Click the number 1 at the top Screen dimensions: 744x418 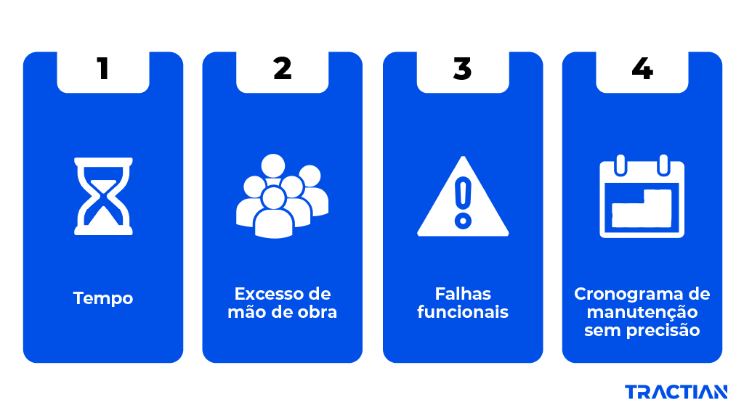tap(102, 69)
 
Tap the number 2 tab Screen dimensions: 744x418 tap(282, 69)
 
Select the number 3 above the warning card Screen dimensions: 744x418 tap(462, 69)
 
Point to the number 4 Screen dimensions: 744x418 tap(642, 69)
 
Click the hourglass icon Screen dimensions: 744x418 tap(103, 195)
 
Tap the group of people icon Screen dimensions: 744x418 tap(282, 196)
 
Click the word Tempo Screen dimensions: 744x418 tap(103, 298)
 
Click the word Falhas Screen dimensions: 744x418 tap(463, 294)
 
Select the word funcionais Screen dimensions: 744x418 tap(463, 313)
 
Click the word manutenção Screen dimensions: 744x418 tap(642, 312)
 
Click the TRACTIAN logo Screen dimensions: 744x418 tap(676, 393)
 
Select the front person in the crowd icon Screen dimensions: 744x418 tap(274, 214)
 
